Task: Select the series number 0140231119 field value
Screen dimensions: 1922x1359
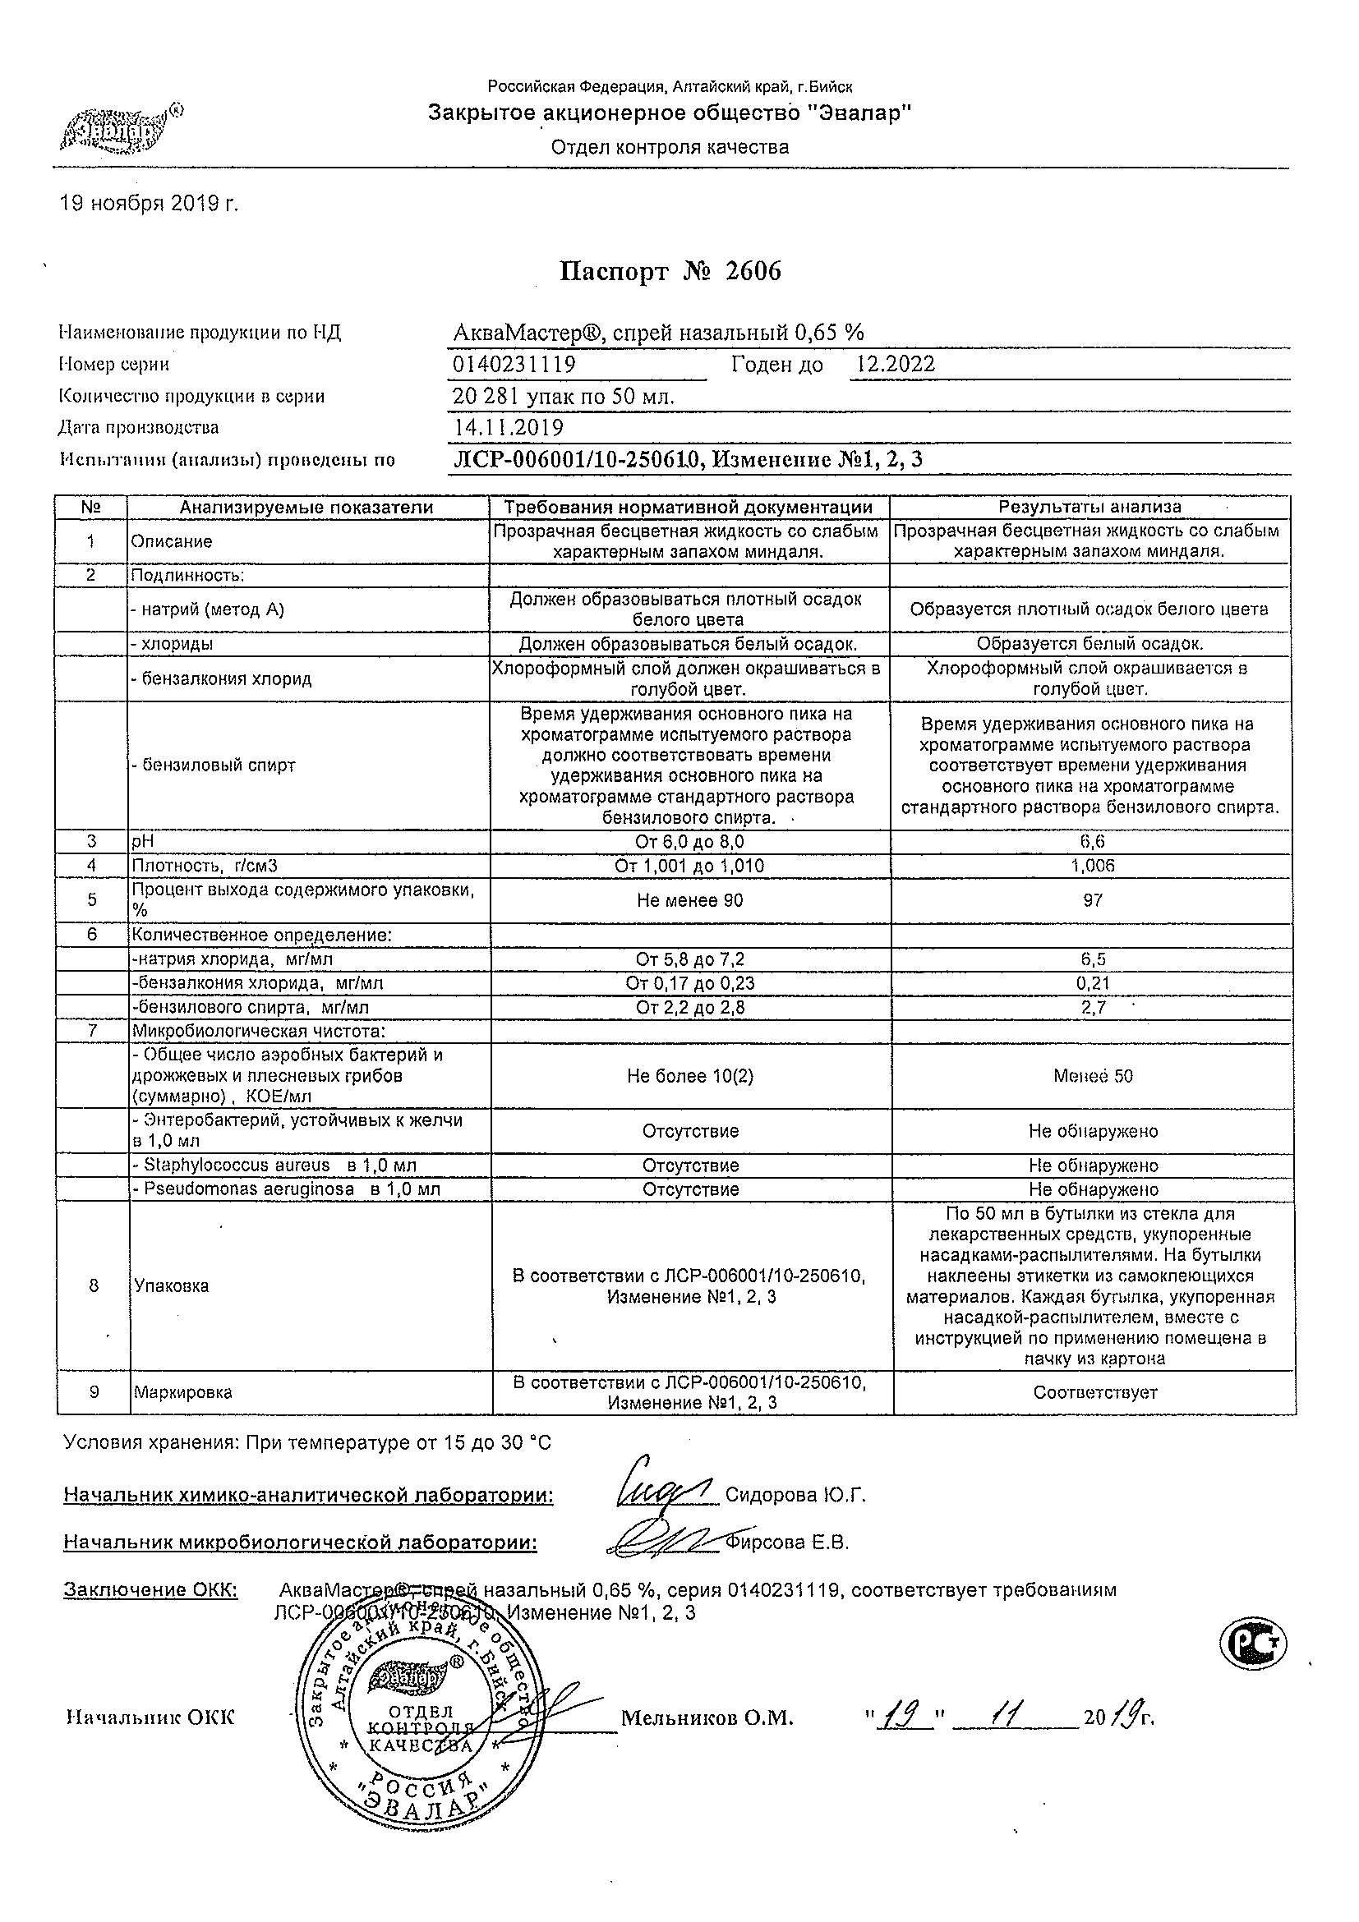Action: (514, 365)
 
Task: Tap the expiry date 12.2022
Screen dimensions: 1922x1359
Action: (896, 364)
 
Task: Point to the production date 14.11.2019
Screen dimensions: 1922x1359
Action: (509, 428)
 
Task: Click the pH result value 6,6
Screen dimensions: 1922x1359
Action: (1093, 842)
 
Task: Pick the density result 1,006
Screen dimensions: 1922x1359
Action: (1093, 866)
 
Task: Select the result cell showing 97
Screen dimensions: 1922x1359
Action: (1093, 901)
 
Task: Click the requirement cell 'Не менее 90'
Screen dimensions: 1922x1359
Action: (690, 901)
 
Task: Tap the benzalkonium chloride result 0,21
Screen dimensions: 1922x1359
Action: (1093, 984)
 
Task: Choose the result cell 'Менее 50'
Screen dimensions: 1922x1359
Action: (1093, 1077)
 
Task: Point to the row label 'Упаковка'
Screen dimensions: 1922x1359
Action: (172, 1285)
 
